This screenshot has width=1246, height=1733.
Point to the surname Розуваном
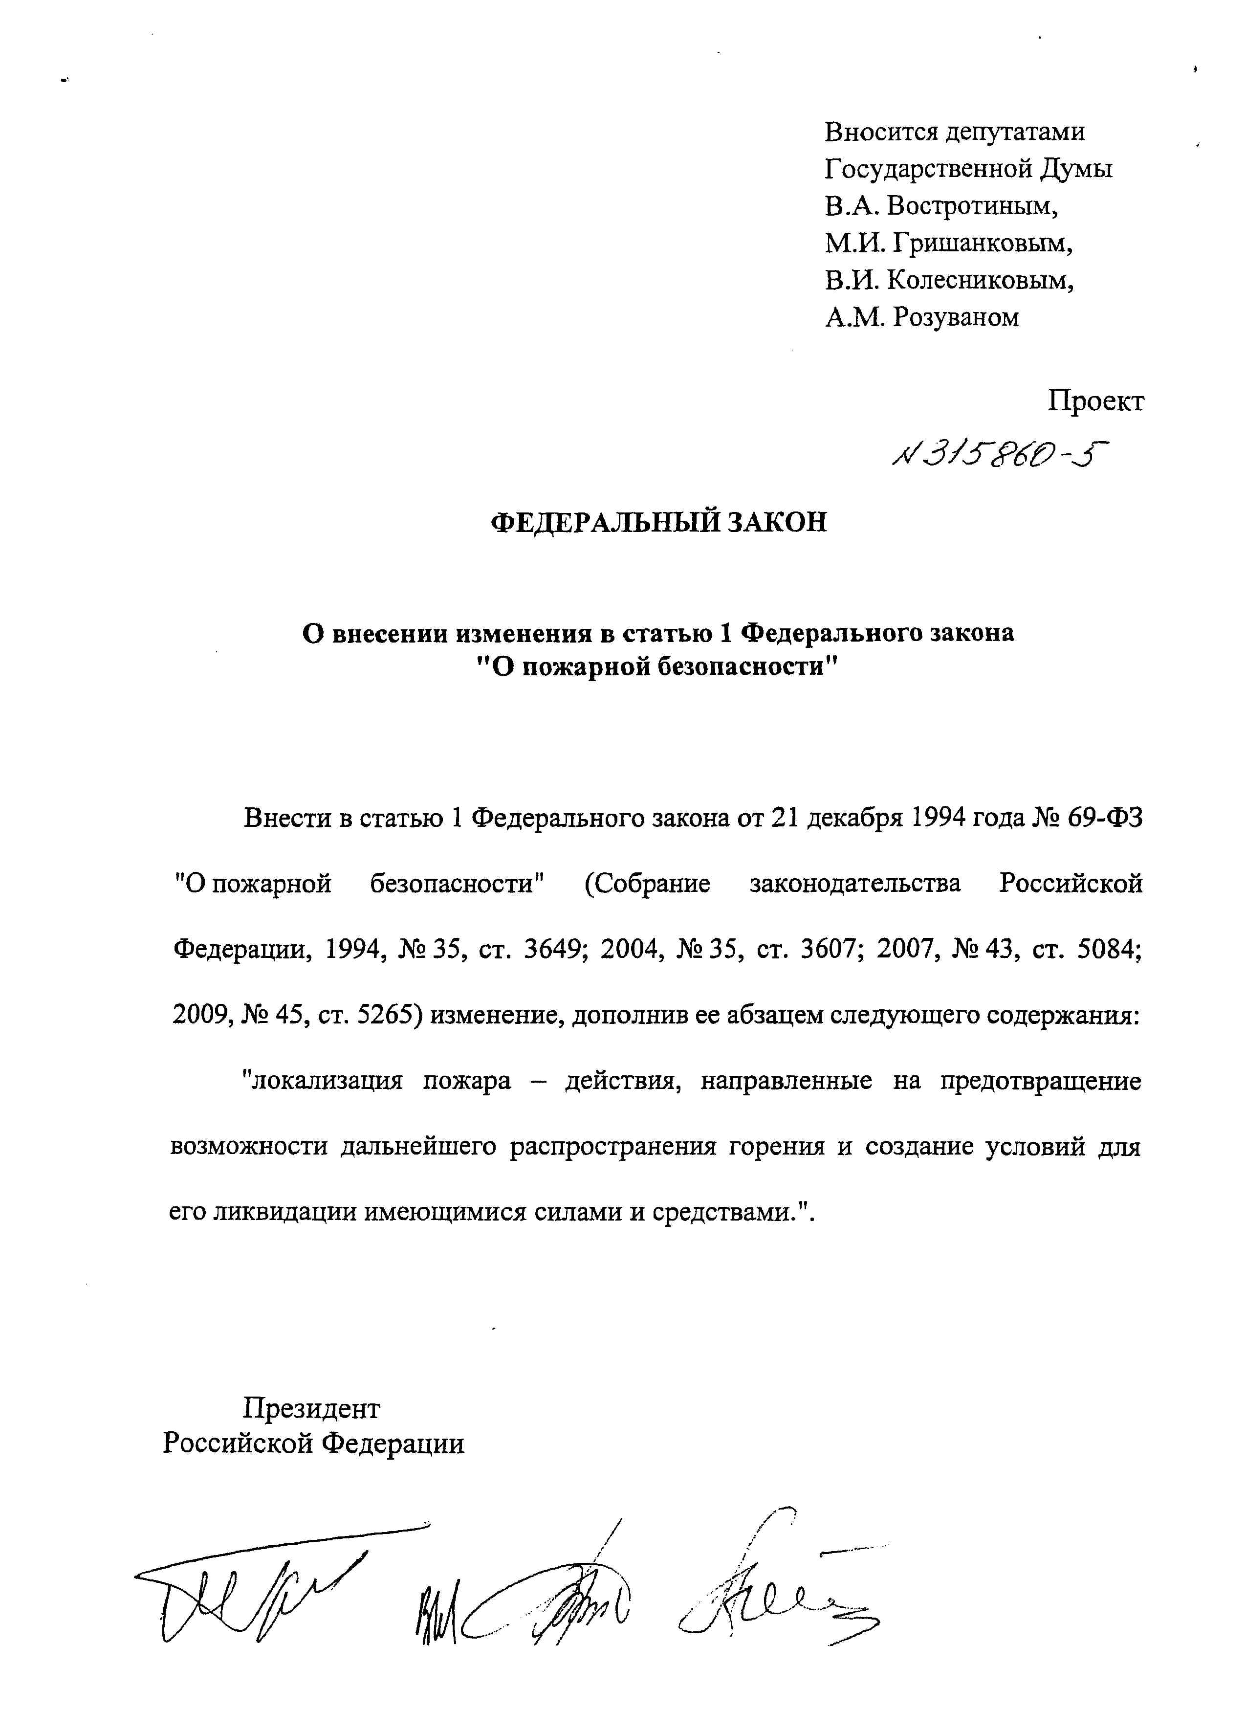(x=955, y=316)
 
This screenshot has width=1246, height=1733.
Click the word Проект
(x=1095, y=400)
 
